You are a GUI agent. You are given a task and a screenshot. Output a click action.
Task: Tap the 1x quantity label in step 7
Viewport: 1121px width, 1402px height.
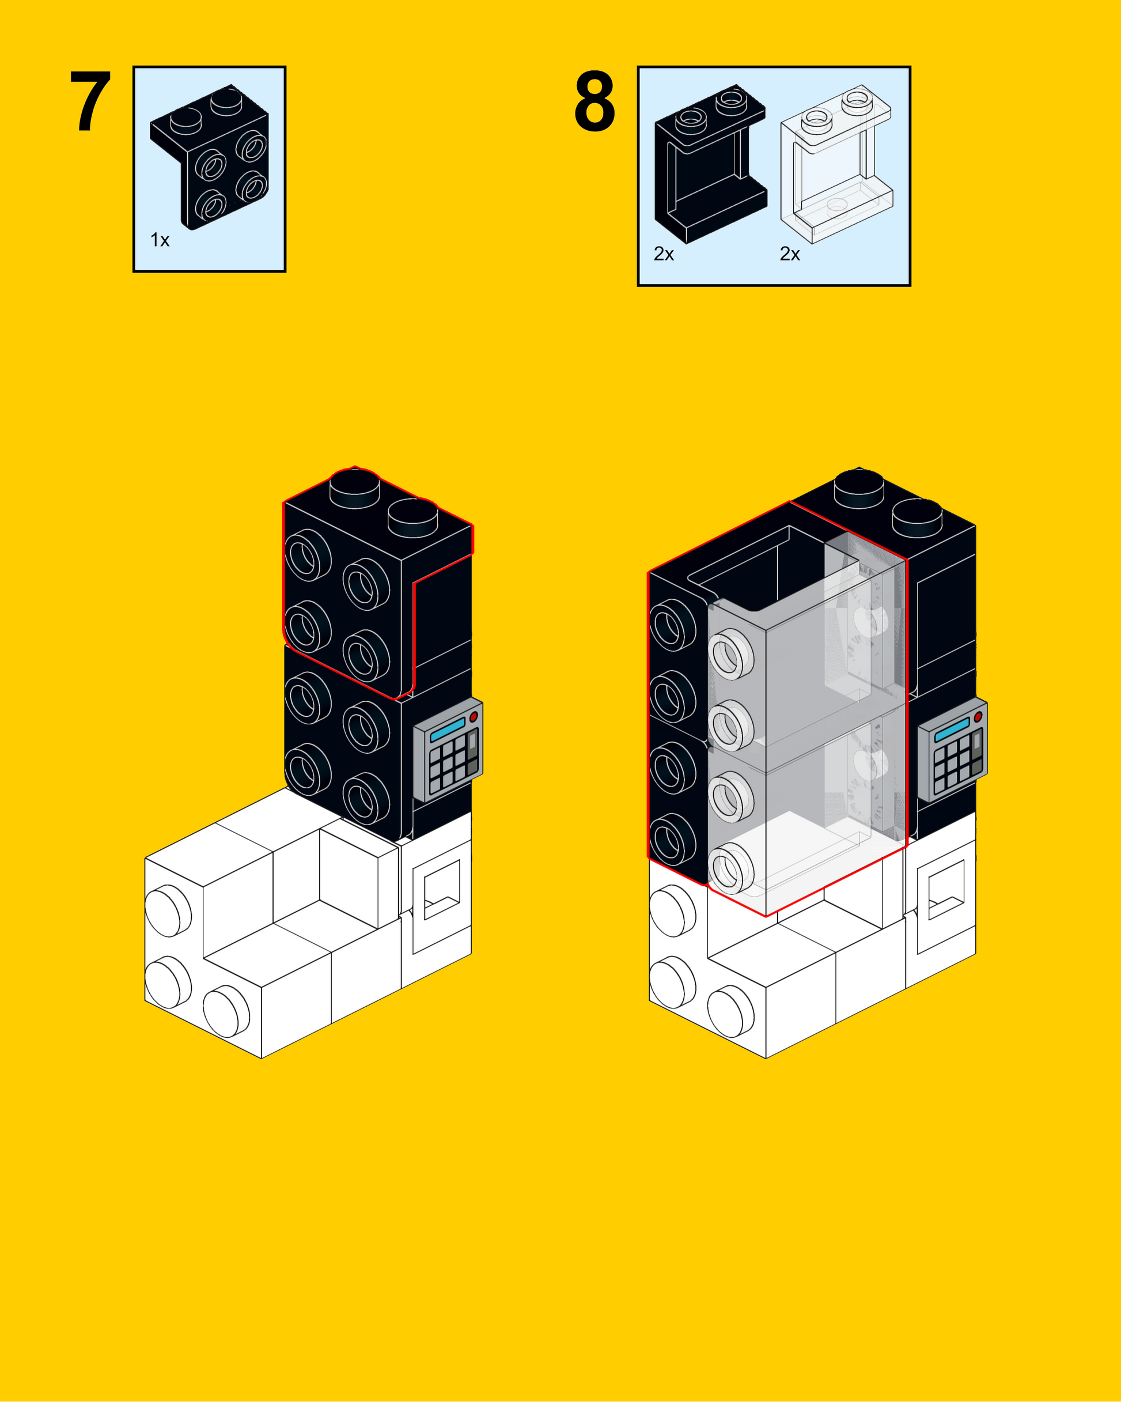pos(160,240)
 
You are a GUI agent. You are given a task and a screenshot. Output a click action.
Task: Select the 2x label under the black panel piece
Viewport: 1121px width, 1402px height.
pos(664,254)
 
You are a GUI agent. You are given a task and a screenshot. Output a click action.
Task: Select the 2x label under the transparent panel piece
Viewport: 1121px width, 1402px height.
pos(790,254)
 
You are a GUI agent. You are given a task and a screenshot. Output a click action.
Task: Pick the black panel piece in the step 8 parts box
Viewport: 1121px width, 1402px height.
pos(711,163)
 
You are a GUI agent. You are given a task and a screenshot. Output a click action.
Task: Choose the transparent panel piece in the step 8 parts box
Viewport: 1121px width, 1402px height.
pos(837,164)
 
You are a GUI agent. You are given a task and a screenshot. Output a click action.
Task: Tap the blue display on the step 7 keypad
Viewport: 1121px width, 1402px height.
pos(448,730)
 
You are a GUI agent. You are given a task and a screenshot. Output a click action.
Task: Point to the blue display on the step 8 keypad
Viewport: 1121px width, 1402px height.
pos(952,730)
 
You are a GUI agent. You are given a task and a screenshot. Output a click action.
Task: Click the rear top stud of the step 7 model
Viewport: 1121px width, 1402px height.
pos(354,487)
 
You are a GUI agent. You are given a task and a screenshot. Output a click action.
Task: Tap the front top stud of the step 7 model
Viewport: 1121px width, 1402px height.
pos(413,517)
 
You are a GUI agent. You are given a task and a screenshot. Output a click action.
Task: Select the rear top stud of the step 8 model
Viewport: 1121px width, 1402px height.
pos(859,487)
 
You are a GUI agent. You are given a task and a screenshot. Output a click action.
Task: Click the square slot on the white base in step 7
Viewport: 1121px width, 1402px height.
pos(442,889)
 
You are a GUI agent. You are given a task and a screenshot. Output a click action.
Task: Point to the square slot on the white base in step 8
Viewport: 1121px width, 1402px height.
pos(946,889)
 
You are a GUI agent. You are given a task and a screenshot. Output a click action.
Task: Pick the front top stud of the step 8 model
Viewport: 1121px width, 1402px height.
pos(918,517)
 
